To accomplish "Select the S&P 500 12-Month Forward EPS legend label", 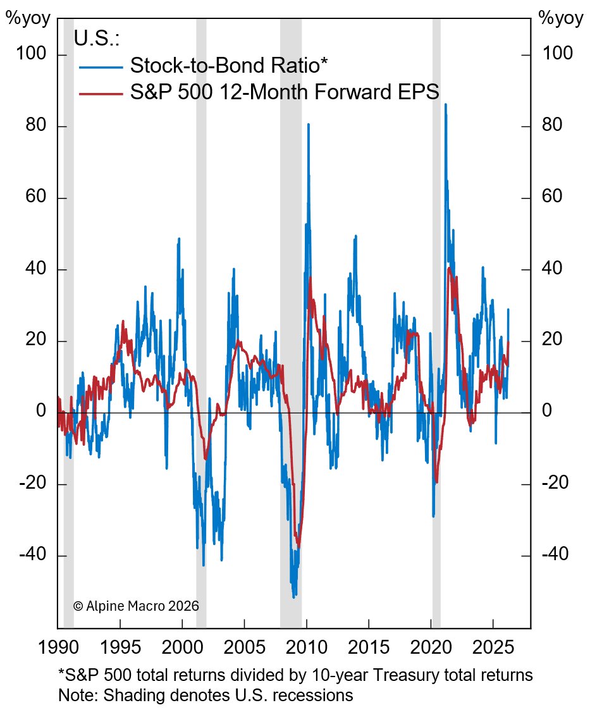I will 285,93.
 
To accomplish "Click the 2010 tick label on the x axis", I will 306,648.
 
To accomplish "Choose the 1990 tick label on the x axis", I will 58,648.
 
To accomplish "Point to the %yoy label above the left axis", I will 28,18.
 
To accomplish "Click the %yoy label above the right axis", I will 561,18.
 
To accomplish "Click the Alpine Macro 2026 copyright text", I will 136,606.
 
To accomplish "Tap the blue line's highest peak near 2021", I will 445,104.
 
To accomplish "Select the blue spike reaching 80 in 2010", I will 309,125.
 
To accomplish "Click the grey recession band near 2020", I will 436,316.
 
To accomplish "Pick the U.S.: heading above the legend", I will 96,39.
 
